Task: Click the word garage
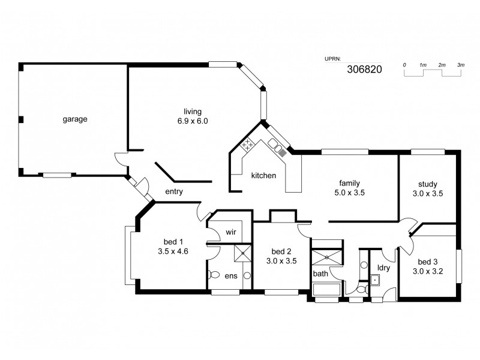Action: [75, 119]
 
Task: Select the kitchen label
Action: [263, 176]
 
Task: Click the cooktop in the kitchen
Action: [246, 145]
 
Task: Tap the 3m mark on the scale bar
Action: [460, 64]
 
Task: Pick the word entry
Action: [173, 192]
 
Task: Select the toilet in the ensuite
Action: [214, 276]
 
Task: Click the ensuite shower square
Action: [241, 253]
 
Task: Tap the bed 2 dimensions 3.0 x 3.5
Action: [281, 261]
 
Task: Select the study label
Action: [428, 184]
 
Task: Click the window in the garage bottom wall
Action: [56, 175]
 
